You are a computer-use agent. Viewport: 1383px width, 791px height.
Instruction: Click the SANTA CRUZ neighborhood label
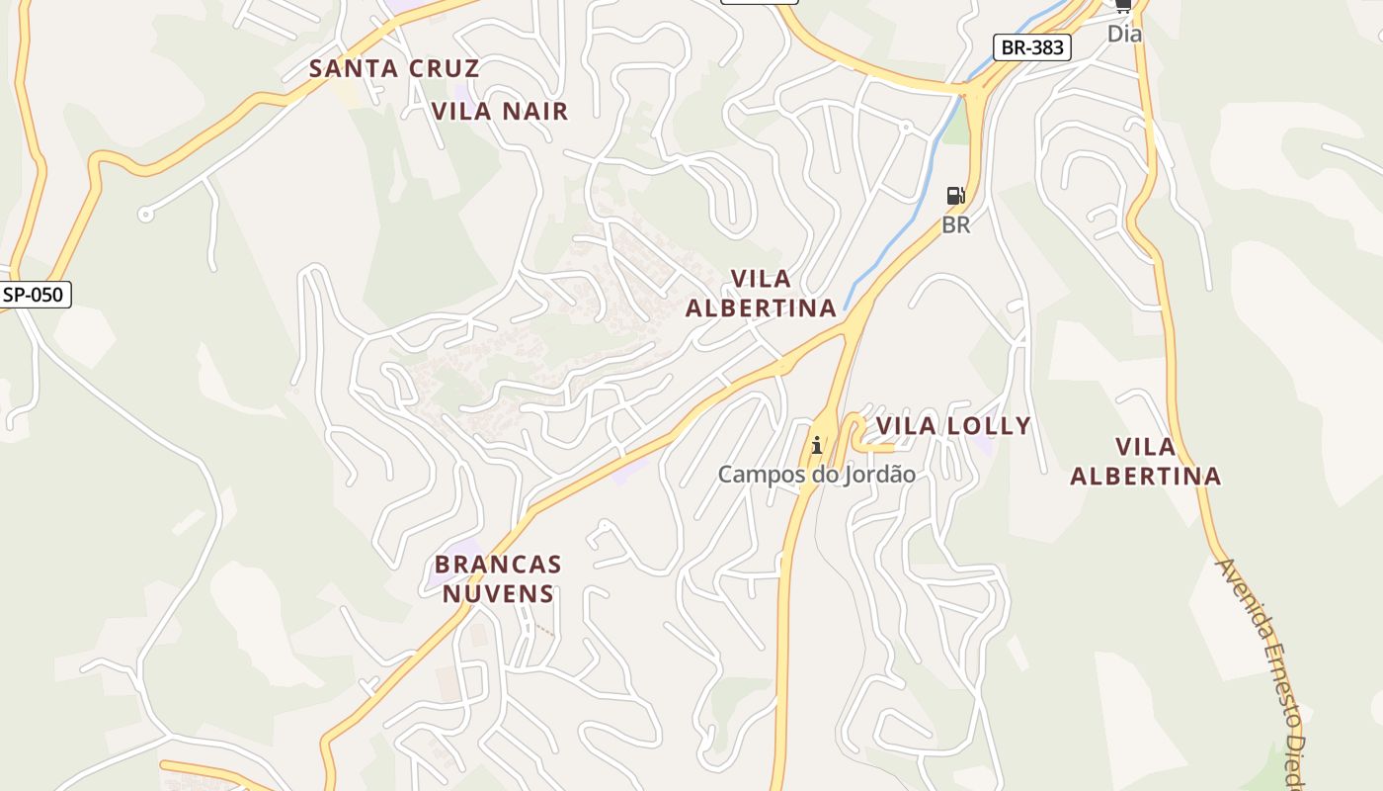[394, 68]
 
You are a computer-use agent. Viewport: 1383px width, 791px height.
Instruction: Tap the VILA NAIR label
[500, 111]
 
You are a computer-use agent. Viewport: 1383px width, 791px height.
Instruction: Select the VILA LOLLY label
[953, 426]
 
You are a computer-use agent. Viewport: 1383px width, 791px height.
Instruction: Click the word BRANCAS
[498, 566]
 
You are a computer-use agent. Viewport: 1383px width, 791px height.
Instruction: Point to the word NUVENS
[498, 593]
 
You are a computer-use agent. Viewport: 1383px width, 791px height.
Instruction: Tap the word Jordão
[878, 475]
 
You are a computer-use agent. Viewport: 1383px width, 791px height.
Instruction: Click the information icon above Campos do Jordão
[816, 445]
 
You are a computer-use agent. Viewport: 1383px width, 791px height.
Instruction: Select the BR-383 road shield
[1031, 46]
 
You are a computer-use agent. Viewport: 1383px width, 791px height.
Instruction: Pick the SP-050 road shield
[36, 294]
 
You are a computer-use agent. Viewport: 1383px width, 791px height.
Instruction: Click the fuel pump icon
[955, 196]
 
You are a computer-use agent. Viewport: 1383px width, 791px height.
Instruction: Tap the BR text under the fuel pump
[955, 225]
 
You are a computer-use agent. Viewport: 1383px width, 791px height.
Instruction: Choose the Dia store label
[1124, 34]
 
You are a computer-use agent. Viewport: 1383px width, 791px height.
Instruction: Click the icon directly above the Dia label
[1123, 5]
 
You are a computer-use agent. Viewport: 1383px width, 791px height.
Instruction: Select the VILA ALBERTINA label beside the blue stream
[761, 293]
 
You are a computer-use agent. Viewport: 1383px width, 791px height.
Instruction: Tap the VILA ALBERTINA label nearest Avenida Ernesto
[1146, 462]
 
